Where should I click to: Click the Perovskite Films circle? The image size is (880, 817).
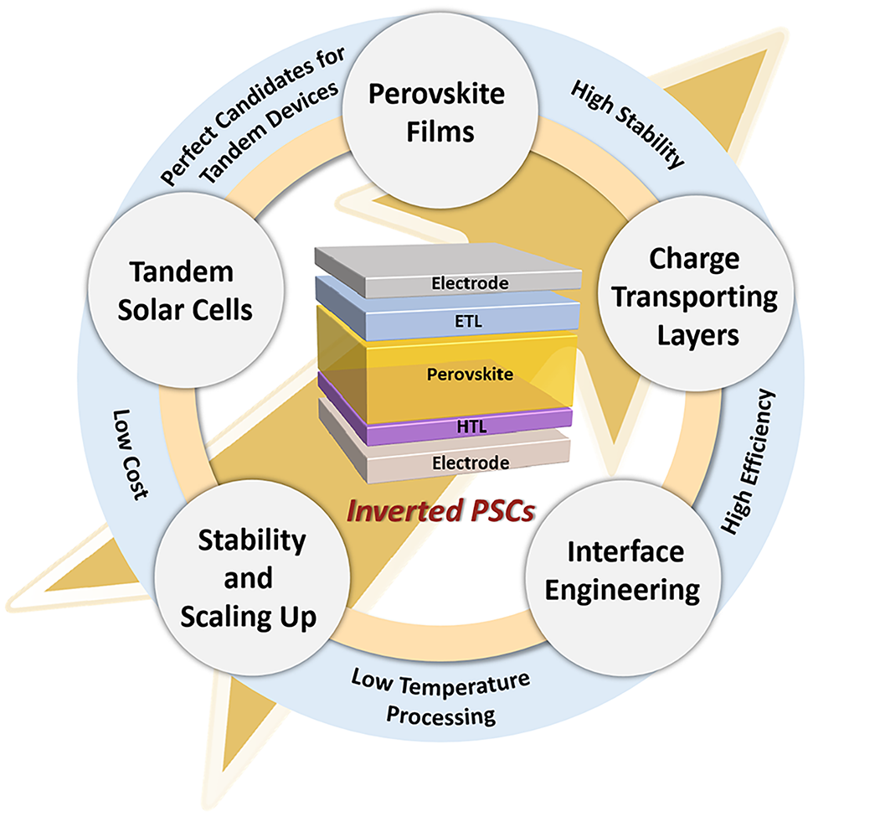pos(436,111)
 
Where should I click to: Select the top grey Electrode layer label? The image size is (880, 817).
pos(469,284)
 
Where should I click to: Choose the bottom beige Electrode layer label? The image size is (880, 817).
pos(468,462)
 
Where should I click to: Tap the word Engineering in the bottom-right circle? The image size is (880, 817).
pos(620,590)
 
